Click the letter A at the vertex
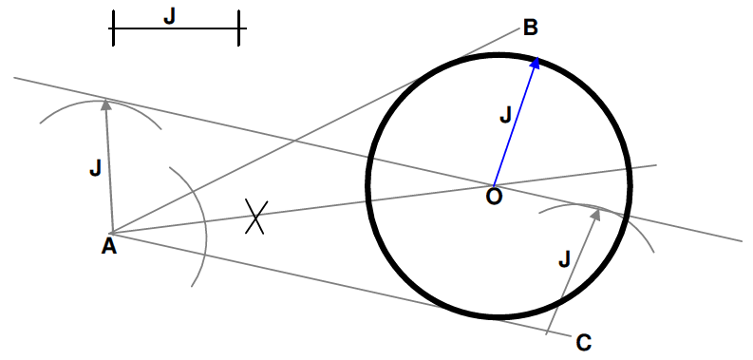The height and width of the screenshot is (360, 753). (108, 247)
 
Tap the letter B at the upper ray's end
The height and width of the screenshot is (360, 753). (531, 27)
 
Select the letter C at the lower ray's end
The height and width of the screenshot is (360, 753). (584, 342)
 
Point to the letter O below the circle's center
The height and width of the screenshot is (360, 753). (494, 196)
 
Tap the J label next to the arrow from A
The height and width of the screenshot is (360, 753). (94, 169)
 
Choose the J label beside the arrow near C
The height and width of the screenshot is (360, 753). (564, 258)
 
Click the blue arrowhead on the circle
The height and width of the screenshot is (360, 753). (537, 63)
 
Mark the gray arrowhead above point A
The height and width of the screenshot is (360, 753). (105, 104)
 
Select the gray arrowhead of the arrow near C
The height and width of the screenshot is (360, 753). (596, 215)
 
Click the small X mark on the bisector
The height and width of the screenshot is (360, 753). (254, 217)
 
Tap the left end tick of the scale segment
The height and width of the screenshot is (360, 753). (113, 28)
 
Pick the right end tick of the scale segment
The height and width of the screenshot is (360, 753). (239, 28)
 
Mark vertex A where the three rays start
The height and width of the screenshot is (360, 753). (112, 232)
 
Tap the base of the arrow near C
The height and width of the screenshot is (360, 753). (548, 332)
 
